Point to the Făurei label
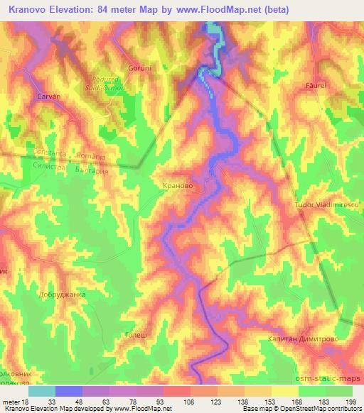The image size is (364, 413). point(316,84)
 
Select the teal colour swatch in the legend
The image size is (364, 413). point(42,391)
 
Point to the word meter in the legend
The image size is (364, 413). point(9,402)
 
